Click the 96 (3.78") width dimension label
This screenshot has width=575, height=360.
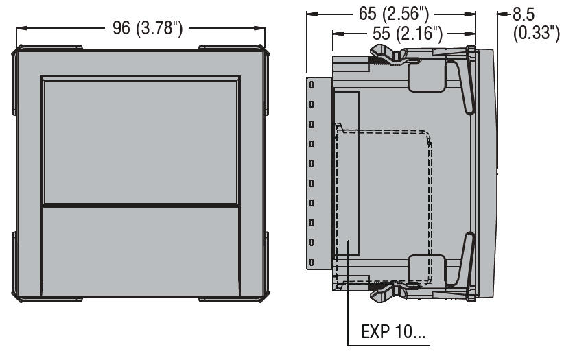pos(147,28)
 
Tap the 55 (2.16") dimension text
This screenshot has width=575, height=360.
pos(401,34)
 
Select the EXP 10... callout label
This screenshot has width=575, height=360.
pos(392,334)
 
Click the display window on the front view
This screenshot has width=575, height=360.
pos(140,141)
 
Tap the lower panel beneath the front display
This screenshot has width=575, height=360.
pos(140,250)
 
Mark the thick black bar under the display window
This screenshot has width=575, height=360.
pos(140,204)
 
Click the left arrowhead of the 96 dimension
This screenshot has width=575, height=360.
pos(19,29)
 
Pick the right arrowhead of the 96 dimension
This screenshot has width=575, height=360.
pos(262,29)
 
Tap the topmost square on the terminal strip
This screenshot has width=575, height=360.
pos(312,84)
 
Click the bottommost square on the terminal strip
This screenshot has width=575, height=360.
pos(312,263)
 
